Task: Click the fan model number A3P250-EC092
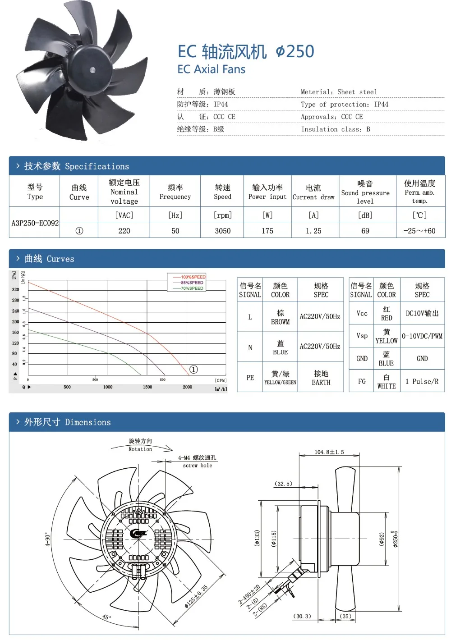point(35,223)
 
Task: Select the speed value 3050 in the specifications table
point(223,231)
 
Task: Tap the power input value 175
point(267,231)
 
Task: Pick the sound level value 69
point(365,231)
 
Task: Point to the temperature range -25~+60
point(419,231)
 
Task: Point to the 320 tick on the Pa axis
point(16,290)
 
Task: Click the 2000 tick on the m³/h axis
point(188,387)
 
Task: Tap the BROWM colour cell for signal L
point(280,317)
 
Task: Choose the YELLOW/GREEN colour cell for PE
point(280,378)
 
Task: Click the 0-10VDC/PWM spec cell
point(422,336)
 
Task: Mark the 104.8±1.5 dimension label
point(329,452)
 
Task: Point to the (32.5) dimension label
point(283,484)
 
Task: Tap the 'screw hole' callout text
point(198,466)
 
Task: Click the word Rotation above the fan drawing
point(140,449)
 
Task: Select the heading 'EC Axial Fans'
point(212,69)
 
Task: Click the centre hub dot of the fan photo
point(92,70)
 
